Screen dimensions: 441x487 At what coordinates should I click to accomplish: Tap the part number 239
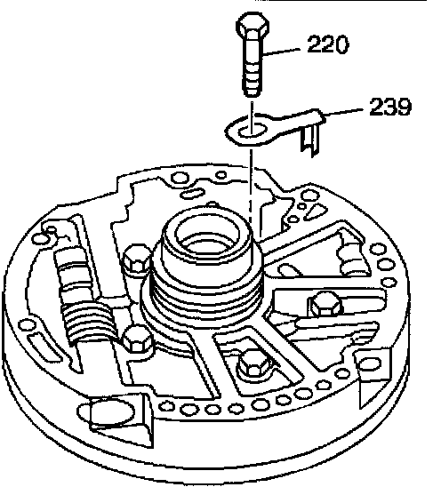(x=390, y=107)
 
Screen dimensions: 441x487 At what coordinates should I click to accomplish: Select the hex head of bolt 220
(x=253, y=25)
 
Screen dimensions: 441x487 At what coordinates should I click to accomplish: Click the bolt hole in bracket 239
(x=252, y=130)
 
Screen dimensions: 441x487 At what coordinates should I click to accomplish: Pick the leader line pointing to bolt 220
(x=281, y=52)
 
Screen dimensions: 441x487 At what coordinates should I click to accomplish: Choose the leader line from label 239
(x=343, y=113)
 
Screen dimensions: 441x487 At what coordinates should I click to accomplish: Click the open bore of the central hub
(x=207, y=233)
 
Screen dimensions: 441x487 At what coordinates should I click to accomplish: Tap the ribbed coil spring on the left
(x=88, y=322)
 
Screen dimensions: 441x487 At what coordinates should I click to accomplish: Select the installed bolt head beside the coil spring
(x=137, y=339)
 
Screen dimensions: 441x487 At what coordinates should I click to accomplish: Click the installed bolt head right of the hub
(x=325, y=304)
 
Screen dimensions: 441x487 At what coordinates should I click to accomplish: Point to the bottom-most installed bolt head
(x=254, y=364)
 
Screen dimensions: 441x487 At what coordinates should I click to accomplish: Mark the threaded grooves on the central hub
(x=205, y=295)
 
